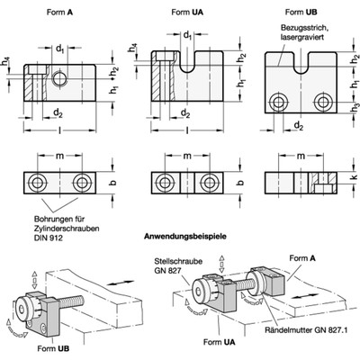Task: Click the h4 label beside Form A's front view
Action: click(6, 61)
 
